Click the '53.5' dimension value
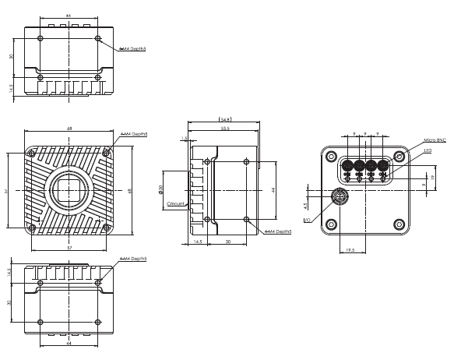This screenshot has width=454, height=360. point(224,127)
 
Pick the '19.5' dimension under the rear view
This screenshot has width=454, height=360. point(350,251)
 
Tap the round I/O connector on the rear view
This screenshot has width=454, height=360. point(340,196)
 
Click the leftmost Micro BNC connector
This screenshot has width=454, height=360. point(346,165)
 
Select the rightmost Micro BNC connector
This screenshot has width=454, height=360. point(383,165)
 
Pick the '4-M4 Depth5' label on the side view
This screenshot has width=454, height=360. point(276,231)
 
